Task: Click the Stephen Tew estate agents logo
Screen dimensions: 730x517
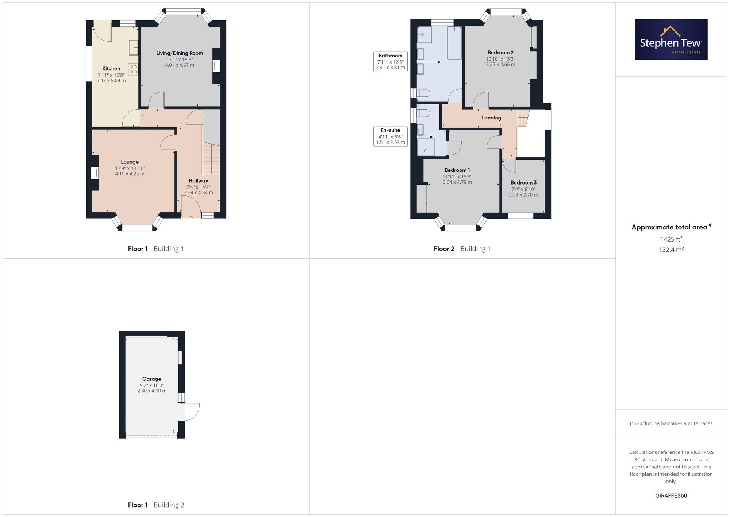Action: pos(671,39)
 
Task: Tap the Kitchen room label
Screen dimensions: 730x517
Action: pos(111,68)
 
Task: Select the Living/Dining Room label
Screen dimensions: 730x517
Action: pos(180,53)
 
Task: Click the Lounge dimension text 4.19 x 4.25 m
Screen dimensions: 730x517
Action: pos(130,174)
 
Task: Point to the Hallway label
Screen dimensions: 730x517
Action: pos(199,180)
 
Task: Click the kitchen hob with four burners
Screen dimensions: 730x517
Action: pos(133,69)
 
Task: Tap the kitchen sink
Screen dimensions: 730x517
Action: pos(134,47)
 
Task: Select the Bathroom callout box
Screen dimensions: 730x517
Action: pos(391,62)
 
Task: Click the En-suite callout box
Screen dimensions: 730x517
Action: pos(391,136)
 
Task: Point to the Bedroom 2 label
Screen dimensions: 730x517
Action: pos(500,53)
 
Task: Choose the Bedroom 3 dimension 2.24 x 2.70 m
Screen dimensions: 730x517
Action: pos(523,195)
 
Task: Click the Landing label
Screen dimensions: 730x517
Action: pos(491,118)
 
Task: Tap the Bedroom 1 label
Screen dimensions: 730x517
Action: pos(457,170)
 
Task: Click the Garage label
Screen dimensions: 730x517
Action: pos(152,379)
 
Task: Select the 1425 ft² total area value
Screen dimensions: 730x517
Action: pos(671,239)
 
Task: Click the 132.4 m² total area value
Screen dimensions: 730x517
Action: pos(671,250)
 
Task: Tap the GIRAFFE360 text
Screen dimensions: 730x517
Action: pos(671,495)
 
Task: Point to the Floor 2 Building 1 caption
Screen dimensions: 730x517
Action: pos(462,249)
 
